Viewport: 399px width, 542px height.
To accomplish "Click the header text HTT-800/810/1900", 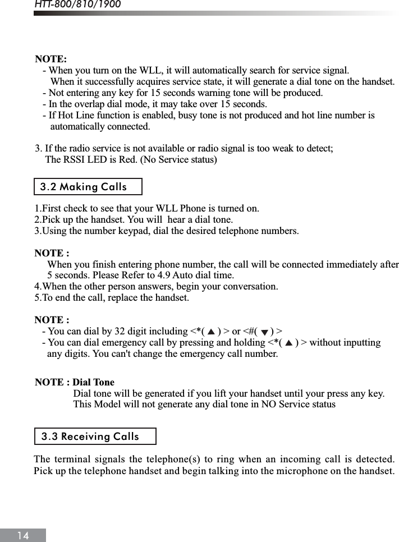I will coord(77,5).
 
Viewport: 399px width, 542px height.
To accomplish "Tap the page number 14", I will coord(23,535).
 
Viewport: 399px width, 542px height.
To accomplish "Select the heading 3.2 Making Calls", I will coord(84,187).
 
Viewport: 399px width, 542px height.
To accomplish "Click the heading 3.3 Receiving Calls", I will coord(90,437).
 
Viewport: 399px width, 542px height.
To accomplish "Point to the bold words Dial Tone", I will coord(94,383).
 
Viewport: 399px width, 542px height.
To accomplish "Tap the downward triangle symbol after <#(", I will coord(264,332).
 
